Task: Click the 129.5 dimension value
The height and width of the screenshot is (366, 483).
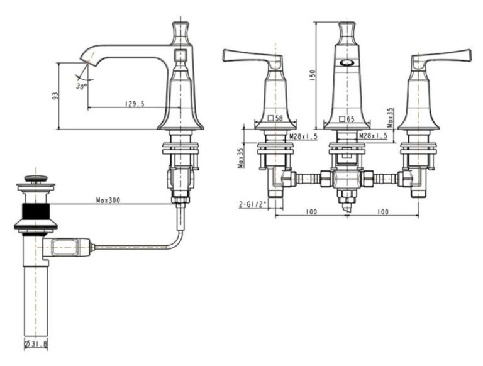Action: [x=135, y=104]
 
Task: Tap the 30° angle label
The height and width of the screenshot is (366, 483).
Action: [x=81, y=86]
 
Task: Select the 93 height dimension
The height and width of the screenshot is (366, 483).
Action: [x=55, y=96]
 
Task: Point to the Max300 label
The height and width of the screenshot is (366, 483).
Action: [x=108, y=200]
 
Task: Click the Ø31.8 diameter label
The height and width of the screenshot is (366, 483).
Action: [x=36, y=344]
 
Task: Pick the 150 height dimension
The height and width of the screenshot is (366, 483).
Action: [x=313, y=75]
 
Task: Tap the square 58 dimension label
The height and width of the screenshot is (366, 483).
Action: [x=275, y=118]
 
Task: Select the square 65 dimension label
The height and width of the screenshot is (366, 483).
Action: [x=347, y=119]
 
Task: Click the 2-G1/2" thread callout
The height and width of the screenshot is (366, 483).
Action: [x=252, y=204]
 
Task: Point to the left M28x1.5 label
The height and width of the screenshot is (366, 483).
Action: [x=303, y=136]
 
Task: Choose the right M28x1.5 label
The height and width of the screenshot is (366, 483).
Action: [x=373, y=136]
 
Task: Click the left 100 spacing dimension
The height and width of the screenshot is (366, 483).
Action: [x=311, y=212]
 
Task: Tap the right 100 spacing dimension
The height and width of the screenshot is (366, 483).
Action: [x=382, y=212]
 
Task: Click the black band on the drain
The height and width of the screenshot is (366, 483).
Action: [x=36, y=212]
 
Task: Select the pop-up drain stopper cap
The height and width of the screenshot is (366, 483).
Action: [x=36, y=178]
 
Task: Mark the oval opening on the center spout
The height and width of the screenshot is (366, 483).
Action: [x=347, y=62]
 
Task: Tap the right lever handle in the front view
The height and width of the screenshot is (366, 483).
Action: [x=441, y=58]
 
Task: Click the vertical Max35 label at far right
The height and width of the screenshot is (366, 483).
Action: [x=391, y=118]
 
